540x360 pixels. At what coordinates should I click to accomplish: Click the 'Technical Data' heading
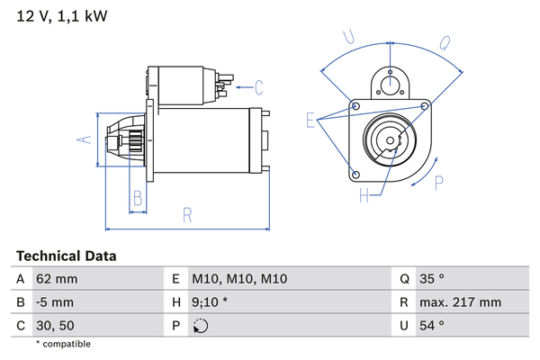click(67, 256)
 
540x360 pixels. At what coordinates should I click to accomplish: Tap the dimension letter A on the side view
click(82, 139)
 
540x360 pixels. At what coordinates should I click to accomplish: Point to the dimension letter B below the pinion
click(138, 198)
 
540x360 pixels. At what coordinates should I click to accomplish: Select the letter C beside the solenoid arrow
click(258, 87)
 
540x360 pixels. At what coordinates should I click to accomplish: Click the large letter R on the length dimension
click(187, 214)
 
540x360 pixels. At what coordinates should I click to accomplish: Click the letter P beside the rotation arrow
click(438, 183)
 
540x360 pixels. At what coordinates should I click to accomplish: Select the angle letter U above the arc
click(350, 37)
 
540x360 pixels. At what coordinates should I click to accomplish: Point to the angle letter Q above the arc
click(444, 40)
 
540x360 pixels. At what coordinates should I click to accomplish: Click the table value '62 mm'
click(55, 280)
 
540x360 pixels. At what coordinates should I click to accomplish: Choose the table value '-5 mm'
click(54, 302)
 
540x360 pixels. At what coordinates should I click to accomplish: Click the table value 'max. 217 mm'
click(462, 302)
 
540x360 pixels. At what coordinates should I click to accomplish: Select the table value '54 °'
click(431, 325)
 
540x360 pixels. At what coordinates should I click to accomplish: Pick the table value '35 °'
click(431, 280)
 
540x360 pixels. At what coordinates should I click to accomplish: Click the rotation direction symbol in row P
click(201, 326)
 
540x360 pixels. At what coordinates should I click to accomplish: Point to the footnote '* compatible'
click(63, 344)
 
